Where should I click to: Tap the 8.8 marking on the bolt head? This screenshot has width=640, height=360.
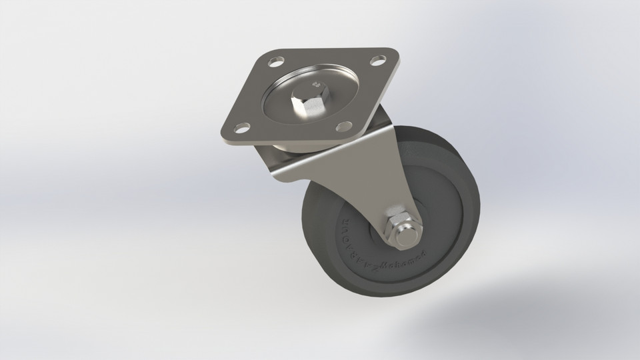pos(316,85)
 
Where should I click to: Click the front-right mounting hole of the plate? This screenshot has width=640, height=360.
pos(343,126)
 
